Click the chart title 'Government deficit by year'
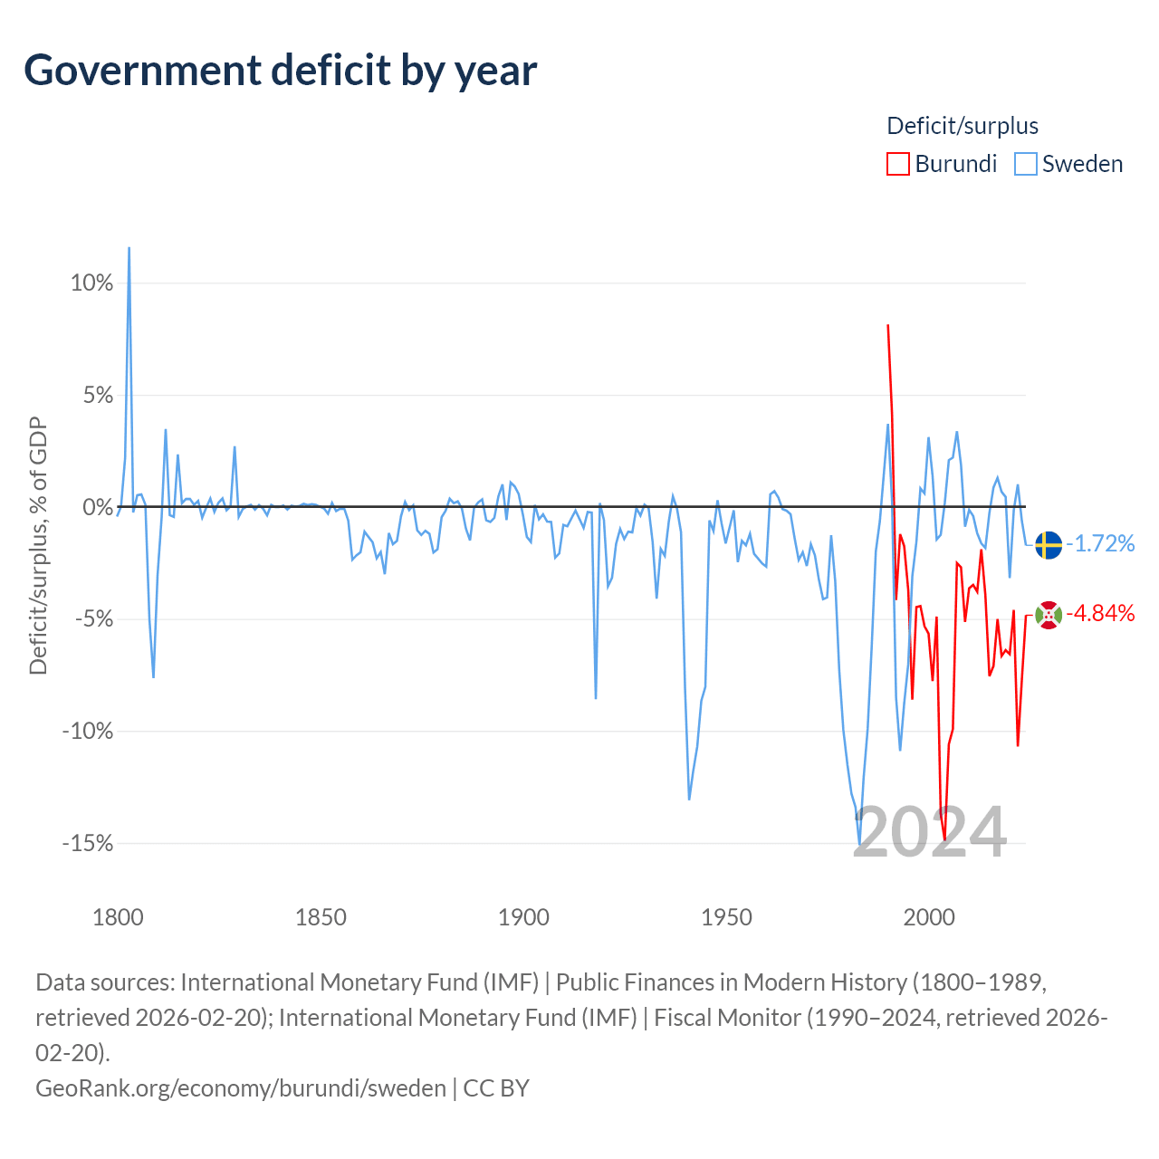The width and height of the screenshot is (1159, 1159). [x=280, y=71]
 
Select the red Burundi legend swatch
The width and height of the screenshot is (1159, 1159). [x=897, y=164]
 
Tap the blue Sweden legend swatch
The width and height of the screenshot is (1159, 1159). [x=1025, y=164]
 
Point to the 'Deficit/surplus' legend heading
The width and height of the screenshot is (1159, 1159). [x=963, y=126]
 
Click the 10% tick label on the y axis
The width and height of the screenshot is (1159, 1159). [x=92, y=283]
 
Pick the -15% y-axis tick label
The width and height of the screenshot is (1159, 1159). [x=88, y=843]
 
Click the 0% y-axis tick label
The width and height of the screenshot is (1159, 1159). [x=98, y=507]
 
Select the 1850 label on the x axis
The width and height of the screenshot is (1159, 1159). [x=321, y=917]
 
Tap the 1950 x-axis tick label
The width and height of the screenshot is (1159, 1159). [x=726, y=917]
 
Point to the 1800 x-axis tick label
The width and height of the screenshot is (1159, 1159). [x=118, y=917]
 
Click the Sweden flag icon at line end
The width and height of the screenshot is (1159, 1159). [x=1049, y=545]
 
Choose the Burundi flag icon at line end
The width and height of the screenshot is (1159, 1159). [x=1049, y=615]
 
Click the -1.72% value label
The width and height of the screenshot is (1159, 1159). [x=1100, y=543]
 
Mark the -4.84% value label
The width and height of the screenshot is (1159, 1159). [x=1100, y=614]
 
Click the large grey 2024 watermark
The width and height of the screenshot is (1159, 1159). [x=930, y=833]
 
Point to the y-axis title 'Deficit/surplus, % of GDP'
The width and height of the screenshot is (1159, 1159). [x=38, y=545]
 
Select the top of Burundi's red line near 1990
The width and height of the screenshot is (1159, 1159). [x=887, y=325]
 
